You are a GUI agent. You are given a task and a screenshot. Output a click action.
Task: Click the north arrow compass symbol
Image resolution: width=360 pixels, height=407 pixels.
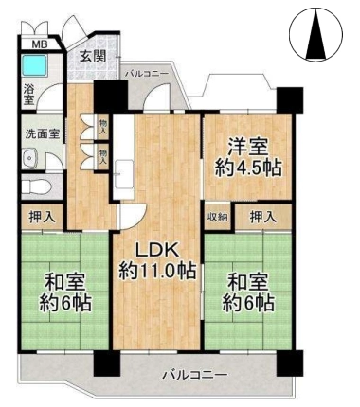coord(315,34)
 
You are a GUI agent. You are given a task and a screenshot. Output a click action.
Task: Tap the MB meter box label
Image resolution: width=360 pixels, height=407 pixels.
coord(41,44)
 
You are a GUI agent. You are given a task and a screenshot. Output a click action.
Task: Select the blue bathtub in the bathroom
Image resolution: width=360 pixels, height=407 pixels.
coord(35,65)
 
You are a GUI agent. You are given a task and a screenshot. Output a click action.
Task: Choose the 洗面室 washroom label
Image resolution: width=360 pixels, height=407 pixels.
coord(43,134)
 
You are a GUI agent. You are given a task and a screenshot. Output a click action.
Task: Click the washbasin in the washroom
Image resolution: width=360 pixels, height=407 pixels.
coord(30,158)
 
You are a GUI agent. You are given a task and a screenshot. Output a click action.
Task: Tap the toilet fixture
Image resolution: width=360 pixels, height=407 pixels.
coord(37,186)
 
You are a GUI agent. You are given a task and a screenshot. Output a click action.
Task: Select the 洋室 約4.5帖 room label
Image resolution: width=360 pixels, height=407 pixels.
coord(248,158)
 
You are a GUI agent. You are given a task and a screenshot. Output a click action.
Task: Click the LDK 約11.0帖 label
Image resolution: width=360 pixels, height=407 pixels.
coord(157,260)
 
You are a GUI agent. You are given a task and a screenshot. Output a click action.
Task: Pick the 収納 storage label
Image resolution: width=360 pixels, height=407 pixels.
coord(218,217)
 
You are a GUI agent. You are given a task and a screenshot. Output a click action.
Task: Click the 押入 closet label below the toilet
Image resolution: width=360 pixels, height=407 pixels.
coord(43,217)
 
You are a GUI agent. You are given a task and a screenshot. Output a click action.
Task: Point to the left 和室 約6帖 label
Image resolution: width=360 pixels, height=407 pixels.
coord(65,292)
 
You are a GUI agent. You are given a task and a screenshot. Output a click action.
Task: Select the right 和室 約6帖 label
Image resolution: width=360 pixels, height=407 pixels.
coord(247,292)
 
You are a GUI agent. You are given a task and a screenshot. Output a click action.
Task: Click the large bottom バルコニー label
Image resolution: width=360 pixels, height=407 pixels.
coord(195,375)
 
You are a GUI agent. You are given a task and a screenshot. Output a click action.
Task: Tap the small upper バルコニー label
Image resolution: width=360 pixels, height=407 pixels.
coord(147,74)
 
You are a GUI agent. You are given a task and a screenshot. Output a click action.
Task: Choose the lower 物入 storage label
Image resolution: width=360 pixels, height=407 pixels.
coord(103,157)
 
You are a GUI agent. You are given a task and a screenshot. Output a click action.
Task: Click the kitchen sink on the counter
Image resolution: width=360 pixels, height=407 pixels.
coord(124,172)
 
